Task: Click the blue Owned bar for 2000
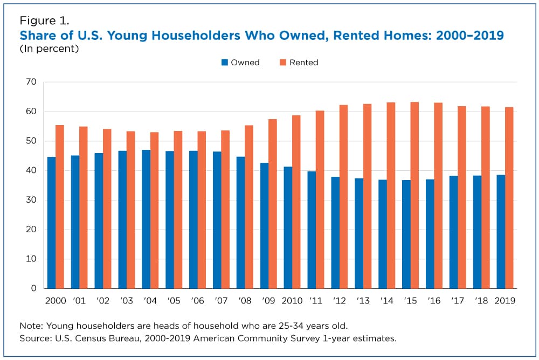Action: pyautogui.click(x=52, y=223)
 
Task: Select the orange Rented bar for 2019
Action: pyautogui.click(x=509, y=198)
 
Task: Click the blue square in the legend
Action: pyautogui.click(x=224, y=63)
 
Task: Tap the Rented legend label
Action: pyautogui.click(x=303, y=63)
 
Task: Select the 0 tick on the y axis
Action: pyautogui.click(x=33, y=288)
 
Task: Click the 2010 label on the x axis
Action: pyautogui.click(x=293, y=301)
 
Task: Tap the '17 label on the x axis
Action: pyautogui.click(x=458, y=301)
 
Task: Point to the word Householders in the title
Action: pyautogui.click(x=163, y=36)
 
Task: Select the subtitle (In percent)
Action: pyautogui.click(x=49, y=49)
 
